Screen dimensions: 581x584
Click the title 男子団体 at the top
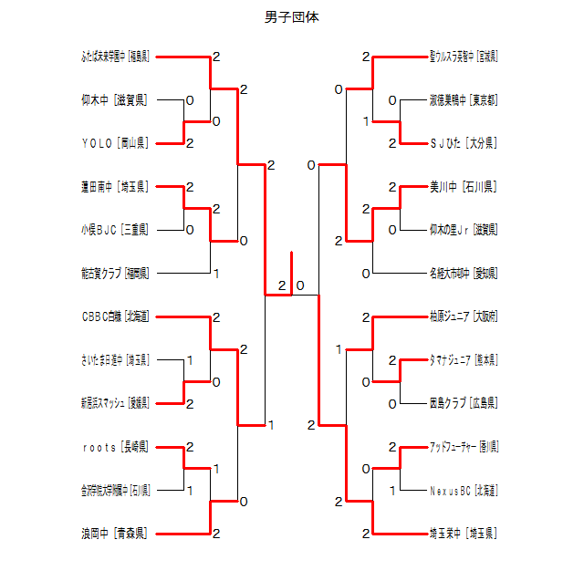(292, 17)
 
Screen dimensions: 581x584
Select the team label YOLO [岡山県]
(115, 143)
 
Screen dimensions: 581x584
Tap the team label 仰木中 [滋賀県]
(115, 100)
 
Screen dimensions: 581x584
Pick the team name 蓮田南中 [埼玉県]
(115, 187)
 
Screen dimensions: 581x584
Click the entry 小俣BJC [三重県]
(115, 230)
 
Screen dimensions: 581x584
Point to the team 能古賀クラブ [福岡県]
(115, 273)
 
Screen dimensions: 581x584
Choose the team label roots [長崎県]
(115, 447)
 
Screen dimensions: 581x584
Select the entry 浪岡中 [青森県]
(115, 534)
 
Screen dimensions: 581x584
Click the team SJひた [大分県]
(463, 143)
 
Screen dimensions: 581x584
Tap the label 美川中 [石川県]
(463, 187)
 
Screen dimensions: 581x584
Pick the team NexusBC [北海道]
(463, 491)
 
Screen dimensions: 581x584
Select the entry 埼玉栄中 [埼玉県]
(463, 534)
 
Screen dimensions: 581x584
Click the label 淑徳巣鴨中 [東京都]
(463, 100)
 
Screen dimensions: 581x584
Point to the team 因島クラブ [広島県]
(463, 403)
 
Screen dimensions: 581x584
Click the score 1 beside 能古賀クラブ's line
(216, 273)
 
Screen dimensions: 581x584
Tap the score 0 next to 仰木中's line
(190, 100)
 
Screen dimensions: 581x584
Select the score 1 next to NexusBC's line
(392, 491)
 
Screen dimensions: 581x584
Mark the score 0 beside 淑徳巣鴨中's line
(392, 100)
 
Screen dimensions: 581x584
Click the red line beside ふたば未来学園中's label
(182, 57)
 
